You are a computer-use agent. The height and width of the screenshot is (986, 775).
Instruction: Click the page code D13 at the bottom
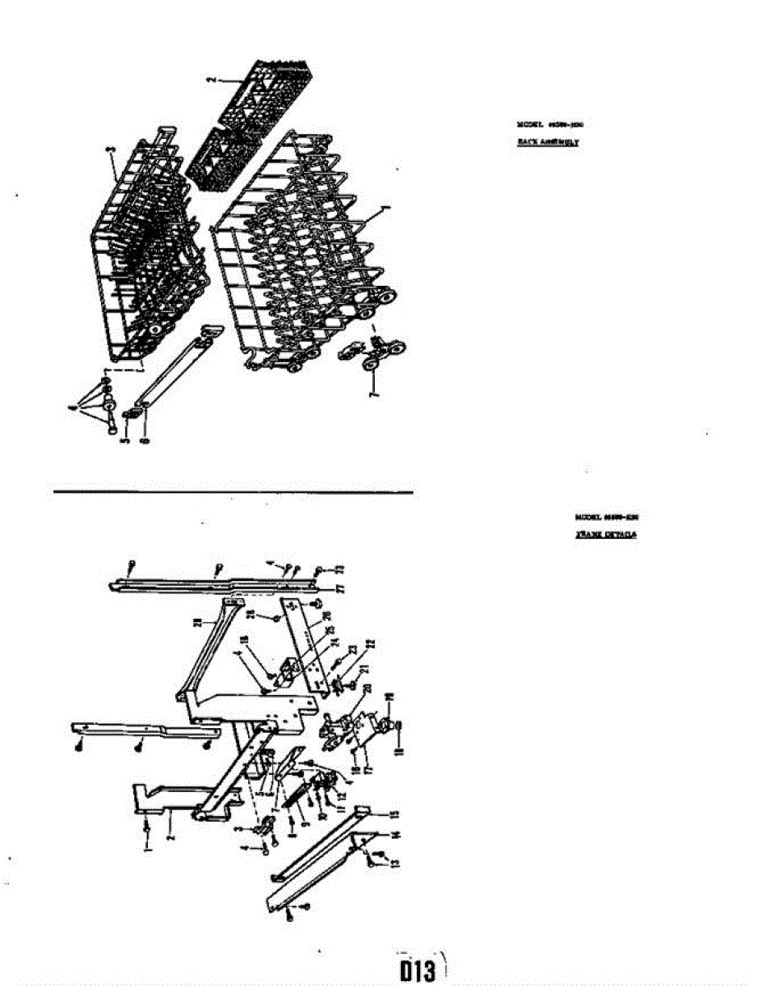(417, 970)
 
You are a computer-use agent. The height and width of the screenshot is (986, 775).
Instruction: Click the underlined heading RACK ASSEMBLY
(548, 142)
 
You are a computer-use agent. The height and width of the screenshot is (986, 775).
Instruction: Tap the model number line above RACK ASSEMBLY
(550, 124)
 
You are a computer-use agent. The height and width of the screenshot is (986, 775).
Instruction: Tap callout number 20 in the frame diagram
(367, 688)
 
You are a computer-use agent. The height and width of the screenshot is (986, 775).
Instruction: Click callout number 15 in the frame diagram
(394, 813)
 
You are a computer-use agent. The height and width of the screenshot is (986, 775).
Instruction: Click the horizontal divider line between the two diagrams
(233, 492)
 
